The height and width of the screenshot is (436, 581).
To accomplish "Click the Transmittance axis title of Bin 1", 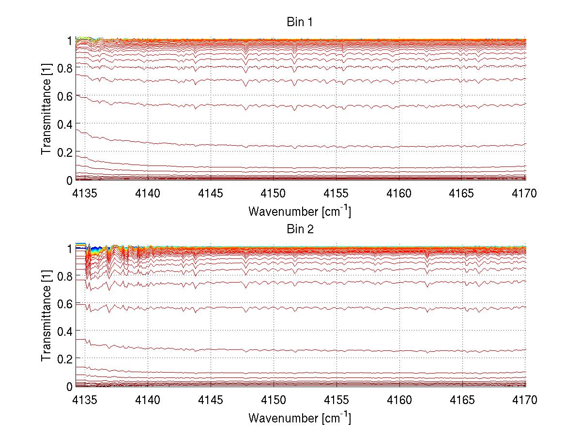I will tap(46, 109).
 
